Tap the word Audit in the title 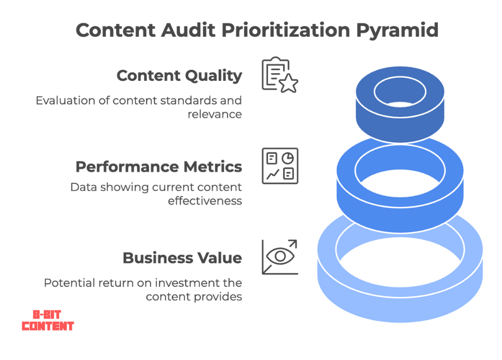coord(196,30)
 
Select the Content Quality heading coord(179,76)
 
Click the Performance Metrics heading coord(158,167)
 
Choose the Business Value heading coord(182,258)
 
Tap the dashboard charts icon coord(280,165)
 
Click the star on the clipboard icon coord(289,84)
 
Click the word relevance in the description coord(215,115)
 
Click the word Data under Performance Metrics coord(81,187)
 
